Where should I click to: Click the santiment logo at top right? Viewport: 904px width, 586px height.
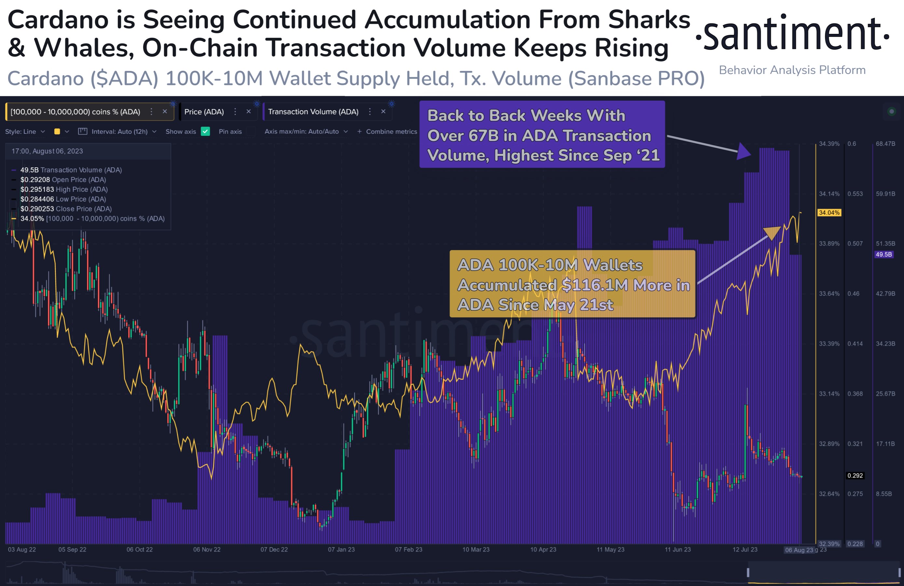(x=792, y=34)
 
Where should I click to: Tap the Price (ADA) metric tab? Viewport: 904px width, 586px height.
(x=204, y=112)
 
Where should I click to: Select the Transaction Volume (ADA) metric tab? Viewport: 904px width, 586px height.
(x=313, y=112)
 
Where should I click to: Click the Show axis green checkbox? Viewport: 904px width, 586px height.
(x=205, y=132)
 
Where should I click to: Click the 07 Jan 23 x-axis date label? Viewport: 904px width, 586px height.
(x=341, y=550)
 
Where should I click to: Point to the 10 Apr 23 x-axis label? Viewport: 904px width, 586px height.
(x=543, y=550)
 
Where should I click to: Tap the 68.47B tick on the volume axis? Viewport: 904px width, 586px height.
(x=885, y=144)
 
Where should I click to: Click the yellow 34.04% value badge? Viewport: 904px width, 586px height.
(x=829, y=213)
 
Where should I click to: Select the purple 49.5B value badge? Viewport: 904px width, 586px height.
(x=883, y=255)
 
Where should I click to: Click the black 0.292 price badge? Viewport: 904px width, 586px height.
(x=855, y=475)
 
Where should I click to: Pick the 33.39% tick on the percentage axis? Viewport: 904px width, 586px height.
(x=829, y=343)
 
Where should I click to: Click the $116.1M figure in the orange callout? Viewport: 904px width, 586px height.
(x=595, y=285)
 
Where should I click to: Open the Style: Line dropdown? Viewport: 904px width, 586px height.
(x=25, y=132)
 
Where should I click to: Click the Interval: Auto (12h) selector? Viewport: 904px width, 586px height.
(x=119, y=132)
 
